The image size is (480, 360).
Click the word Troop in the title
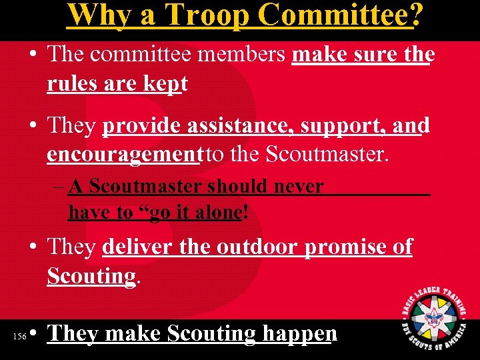(203, 15)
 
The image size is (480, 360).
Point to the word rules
(71, 84)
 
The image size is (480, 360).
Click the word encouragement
(124, 155)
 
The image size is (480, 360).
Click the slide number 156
(19, 337)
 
